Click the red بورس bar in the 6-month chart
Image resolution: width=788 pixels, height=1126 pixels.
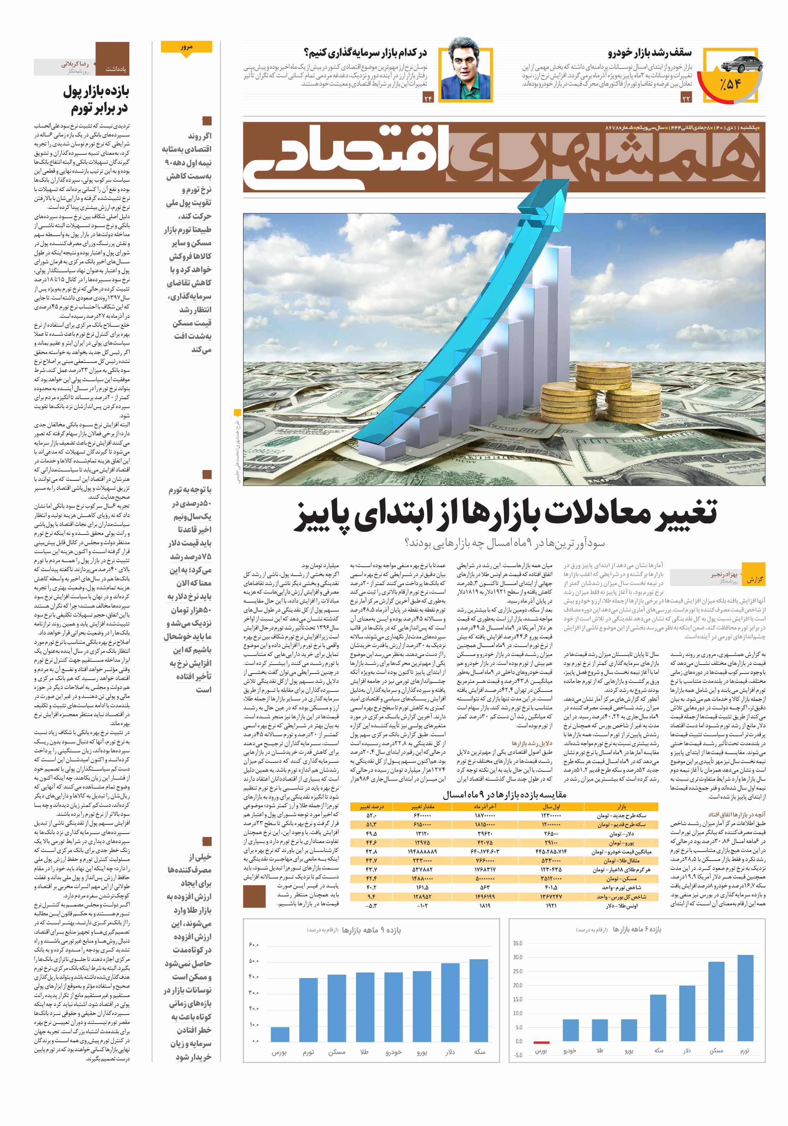click(x=541, y=1042)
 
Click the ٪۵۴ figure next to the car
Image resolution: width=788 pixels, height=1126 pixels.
click(x=730, y=84)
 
